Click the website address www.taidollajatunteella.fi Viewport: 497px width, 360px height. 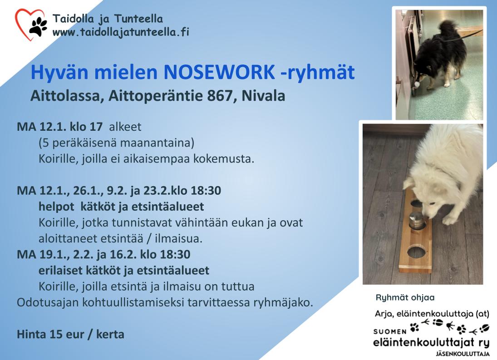coord(121,32)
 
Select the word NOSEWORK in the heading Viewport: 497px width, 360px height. coord(219,72)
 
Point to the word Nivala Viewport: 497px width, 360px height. coord(263,96)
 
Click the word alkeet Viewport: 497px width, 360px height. coord(125,127)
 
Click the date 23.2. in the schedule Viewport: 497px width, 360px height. coord(156,191)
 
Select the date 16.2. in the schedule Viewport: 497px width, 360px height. coord(123,255)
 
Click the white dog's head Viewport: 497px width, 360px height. coord(422,197)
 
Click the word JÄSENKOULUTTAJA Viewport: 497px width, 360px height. coord(463,354)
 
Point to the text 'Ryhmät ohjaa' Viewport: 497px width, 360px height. coord(405,297)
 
